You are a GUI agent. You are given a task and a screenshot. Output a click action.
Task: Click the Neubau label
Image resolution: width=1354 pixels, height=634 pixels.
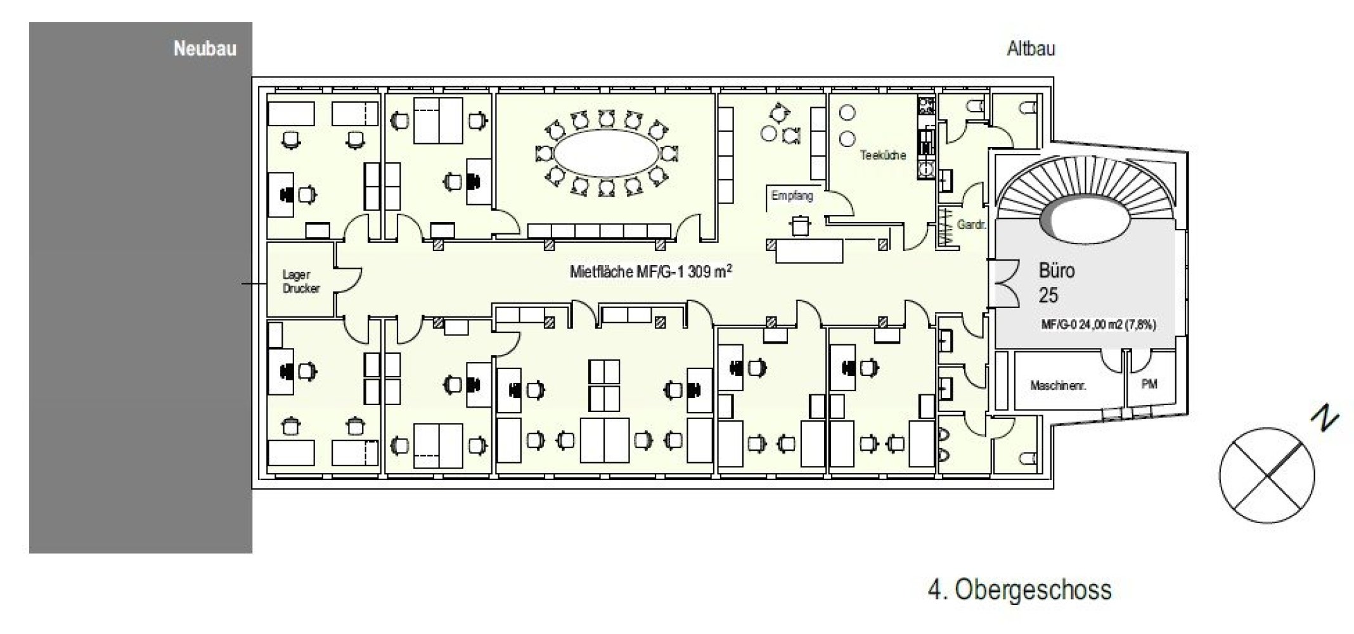[205, 49]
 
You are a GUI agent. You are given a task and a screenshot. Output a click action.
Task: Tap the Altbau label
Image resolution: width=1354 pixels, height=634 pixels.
[1031, 49]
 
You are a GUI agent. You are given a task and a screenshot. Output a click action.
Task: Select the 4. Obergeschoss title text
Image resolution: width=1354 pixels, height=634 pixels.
[1019, 590]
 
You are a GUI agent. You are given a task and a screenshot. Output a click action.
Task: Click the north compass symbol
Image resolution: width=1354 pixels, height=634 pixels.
[1267, 475]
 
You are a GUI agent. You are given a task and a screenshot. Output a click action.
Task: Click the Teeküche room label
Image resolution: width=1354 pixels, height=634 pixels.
[882, 155]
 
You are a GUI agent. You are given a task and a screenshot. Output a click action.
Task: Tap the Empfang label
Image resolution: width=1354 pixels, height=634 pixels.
[792, 196]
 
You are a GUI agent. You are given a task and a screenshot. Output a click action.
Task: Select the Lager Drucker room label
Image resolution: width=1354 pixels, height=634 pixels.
[300, 281]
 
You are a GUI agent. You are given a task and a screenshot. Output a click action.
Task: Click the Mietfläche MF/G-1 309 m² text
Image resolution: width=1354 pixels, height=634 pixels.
[651, 271]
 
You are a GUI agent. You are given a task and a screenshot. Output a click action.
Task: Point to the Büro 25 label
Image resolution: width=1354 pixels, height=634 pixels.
[1056, 283]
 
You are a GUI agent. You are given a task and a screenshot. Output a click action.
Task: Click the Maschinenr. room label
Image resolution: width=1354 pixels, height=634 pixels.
[1058, 385]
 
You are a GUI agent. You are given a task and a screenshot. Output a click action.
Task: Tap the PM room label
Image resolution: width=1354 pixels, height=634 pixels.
[1149, 384]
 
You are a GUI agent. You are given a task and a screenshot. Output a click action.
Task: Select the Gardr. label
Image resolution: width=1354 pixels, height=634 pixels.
[970, 224]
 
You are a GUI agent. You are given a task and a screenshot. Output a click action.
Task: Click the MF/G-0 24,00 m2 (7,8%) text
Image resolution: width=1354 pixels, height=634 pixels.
[1098, 325]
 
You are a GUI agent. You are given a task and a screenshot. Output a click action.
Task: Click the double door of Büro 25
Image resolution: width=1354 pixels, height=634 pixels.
[1005, 283]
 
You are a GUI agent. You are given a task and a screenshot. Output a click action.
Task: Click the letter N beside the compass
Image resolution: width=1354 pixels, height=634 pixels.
[1325, 418]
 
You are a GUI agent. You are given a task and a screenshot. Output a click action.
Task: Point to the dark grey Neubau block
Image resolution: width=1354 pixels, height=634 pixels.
[141, 288]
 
